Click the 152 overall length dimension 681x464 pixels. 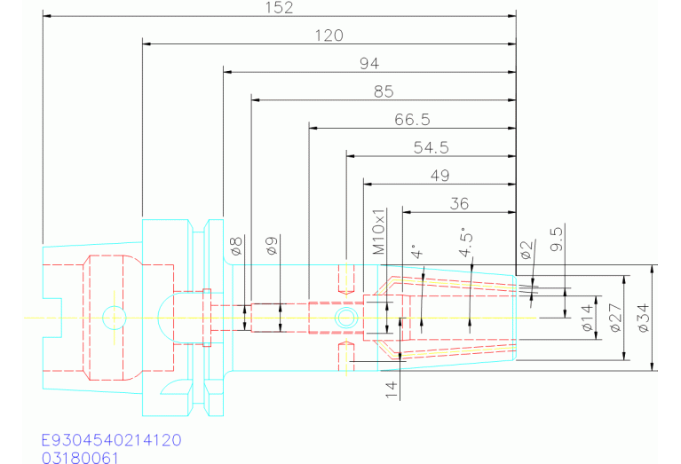280,7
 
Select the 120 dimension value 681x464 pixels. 329,35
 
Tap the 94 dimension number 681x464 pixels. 369,64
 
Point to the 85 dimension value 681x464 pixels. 384,91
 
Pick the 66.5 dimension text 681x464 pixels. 412,120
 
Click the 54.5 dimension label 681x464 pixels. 431,147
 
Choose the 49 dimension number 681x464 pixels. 439,176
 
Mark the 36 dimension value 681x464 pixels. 459,203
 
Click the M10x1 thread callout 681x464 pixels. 379,232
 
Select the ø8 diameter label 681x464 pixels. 236,246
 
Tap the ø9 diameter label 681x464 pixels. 272,246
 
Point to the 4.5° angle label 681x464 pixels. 465,242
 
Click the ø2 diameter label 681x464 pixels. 526,250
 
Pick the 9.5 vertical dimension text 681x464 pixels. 557,238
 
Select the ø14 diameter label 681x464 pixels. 588,318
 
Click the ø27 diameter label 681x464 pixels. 616,318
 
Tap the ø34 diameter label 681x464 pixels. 644,318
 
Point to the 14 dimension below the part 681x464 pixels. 391,389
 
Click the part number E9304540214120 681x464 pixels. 111,440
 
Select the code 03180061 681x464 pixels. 80,458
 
